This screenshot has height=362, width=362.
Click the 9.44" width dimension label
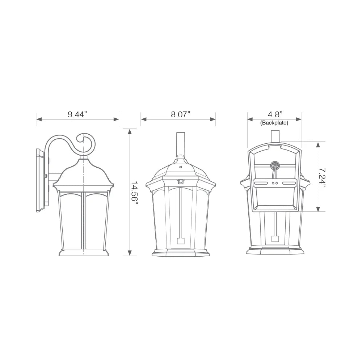click(77, 115)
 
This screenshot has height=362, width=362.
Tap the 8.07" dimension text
click(180, 115)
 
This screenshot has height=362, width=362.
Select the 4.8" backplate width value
click(274, 115)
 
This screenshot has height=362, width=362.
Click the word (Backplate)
click(274, 123)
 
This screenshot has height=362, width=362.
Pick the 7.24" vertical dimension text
click(323, 176)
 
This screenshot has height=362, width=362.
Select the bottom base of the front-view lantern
click(180, 253)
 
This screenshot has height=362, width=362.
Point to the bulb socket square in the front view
click(180, 241)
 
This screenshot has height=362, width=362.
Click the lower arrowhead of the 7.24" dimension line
click(318, 209)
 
